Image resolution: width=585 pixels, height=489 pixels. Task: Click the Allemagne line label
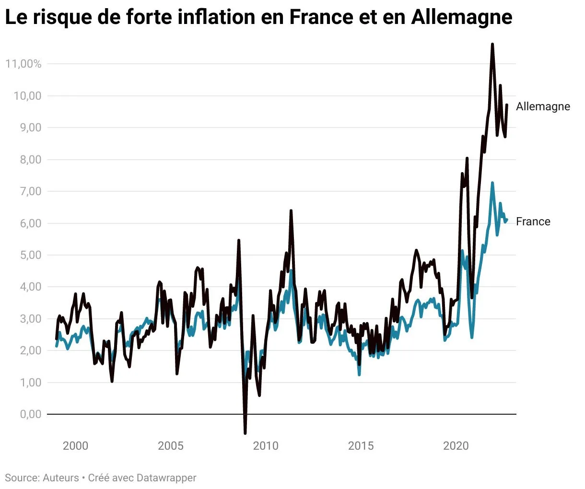pos(543,106)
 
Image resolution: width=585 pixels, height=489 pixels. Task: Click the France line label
pos(533,221)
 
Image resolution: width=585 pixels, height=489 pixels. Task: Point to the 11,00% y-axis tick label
pos(23,64)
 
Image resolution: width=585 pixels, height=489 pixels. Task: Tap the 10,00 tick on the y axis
pos(27,96)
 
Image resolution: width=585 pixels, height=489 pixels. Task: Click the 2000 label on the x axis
pos(76,446)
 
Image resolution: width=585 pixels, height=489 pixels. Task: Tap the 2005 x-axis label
pos(171,446)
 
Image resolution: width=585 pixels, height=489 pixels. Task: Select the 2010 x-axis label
pos(266,446)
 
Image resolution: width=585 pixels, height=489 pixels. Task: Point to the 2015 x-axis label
pos(361,446)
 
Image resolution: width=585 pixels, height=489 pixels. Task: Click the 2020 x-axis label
pos(456,446)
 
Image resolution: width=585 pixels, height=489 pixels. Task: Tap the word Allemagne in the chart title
pos(462,18)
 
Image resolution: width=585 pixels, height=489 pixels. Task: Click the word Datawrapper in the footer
pos(166,478)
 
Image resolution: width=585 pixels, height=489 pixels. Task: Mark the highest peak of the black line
pos(492,45)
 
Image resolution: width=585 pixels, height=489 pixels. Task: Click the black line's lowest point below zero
pos(245,433)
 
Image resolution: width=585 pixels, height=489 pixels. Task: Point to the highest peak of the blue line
pos(492,183)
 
